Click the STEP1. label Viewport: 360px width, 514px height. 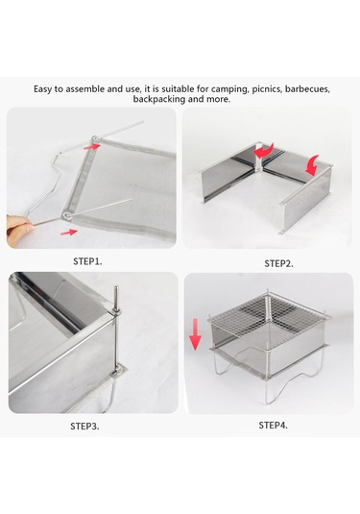click(x=87, y=261)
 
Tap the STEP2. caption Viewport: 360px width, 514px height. click(x=278, y=263)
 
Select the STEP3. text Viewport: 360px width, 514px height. click(x=84, y=427)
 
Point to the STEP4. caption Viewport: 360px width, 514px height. click(x=274, y=426)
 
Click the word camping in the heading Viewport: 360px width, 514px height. click(x=230, y=89)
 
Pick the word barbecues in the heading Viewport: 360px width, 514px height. click(x=307, y=89)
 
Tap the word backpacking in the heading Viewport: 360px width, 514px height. click(x=159, y=99)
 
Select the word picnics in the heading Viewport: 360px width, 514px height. click(x=267, y=89)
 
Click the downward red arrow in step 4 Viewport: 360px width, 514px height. click(x=195, y=334)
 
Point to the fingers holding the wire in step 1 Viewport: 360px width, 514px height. click(x=18, y=226)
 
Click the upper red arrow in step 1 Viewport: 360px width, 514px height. click(x=91, y=147)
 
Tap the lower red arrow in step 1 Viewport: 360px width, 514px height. click(x=69, y=232)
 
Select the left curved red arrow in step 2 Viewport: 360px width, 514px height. click(x=264, y=151)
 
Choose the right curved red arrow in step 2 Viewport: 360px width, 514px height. click(x=313, y=166)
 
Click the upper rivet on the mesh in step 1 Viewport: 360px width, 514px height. click(x=96, y=139)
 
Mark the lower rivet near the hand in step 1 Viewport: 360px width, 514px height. click(x=67, y=215)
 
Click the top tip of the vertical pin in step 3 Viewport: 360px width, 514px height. click(x=115, y=287)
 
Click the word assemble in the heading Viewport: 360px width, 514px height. click(x=84, y=89)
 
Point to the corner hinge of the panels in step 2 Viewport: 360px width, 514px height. click(x=259, y=158)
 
